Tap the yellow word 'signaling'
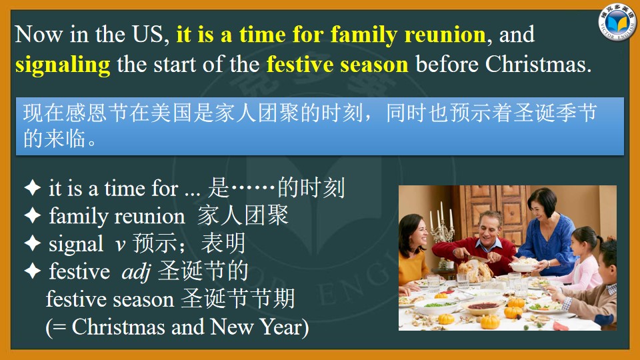[x=63, y=65]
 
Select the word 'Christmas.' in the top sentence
[x=539, y=65]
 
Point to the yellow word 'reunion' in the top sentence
[x=445, y=34]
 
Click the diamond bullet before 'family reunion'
[x=33, y=215]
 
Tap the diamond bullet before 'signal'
[x=33, y=243]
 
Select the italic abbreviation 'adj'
[x=136, y=272]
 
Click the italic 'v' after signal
[x=121, y=245]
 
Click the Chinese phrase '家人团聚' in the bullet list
[x=243, y=215]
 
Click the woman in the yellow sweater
[x=413, y=253]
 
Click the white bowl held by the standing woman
[x=523, y=265]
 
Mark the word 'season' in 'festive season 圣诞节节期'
[x=143, y=300]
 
